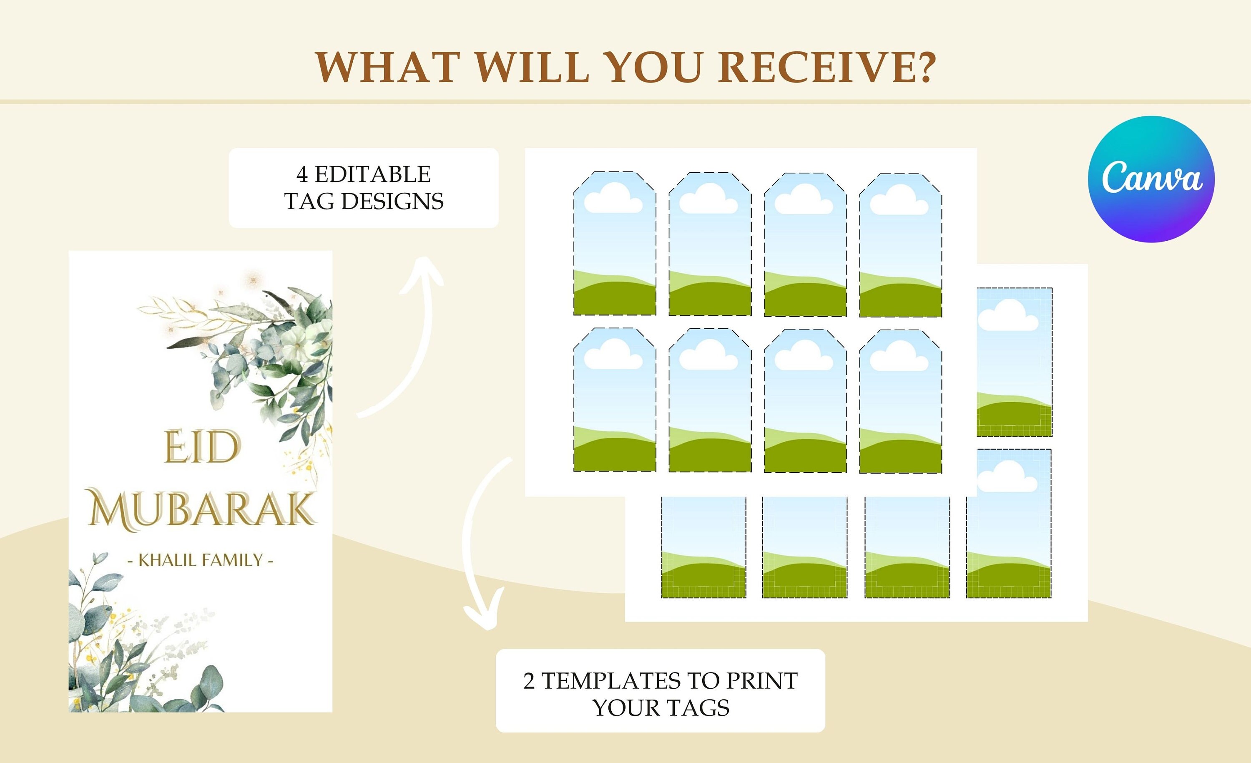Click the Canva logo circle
point(1151,179)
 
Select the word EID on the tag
point(201,447)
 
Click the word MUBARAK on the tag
point(201,509)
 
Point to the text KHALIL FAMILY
point(201,560)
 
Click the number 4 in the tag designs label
point(302,175)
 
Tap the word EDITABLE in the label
point(373,175)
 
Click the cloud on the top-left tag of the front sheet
point(613,199)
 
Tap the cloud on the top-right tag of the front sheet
point(899,200)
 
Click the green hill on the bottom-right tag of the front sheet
point(900,457)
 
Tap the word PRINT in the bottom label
point(761,681)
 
